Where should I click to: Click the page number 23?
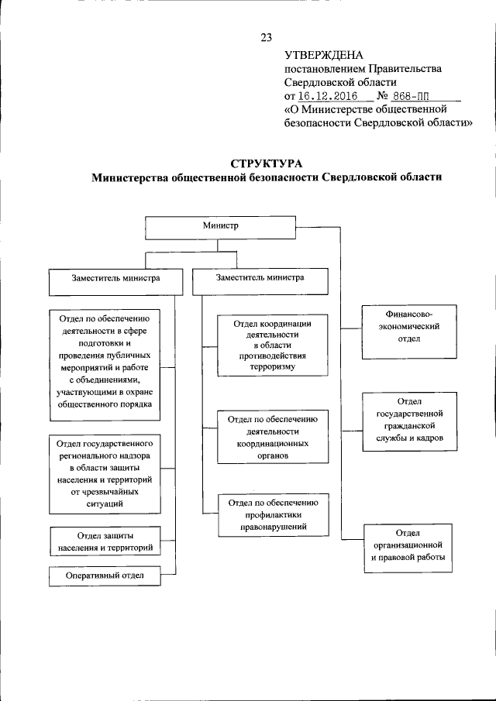pos(267,37)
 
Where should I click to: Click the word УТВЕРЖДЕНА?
pos(318,55)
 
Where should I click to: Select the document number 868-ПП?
pos(410,96)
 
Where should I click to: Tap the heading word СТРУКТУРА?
pos(267,163)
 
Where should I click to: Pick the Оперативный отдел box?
pos(105,576)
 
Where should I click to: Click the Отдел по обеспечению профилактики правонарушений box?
pos(268,516)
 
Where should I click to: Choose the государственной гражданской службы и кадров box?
pos(408,422)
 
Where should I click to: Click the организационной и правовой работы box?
pos(408,547)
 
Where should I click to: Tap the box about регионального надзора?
pos(105,474)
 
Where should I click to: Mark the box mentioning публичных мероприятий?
pos(105,361)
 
